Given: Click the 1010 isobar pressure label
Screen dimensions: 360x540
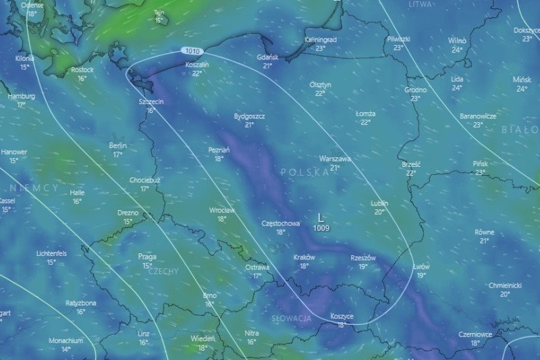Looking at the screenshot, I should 192,51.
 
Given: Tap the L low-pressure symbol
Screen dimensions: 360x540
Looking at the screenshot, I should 321,218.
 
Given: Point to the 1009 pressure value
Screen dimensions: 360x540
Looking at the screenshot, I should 321,228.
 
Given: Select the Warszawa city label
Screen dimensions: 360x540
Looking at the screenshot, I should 335,159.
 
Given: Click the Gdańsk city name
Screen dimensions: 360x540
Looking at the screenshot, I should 268,57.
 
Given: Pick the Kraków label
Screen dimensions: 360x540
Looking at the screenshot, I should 304,257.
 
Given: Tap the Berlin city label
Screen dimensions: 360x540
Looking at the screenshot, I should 117,146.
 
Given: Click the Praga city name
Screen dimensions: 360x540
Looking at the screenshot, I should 147,257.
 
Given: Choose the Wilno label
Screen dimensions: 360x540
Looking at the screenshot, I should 457,41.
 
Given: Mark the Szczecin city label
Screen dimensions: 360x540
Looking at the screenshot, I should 151,101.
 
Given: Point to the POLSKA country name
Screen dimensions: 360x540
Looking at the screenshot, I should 305,173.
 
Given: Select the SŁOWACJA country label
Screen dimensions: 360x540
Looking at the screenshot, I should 292,317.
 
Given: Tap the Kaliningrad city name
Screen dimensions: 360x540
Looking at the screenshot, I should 321,40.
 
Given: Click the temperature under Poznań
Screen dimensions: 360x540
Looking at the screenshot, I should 219,159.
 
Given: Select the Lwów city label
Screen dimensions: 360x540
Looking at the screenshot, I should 421,267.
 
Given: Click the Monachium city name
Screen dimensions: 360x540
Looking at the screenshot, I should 65,341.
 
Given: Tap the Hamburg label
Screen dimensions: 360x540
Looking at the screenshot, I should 22,97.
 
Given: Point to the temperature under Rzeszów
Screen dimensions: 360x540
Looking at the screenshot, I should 363,266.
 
